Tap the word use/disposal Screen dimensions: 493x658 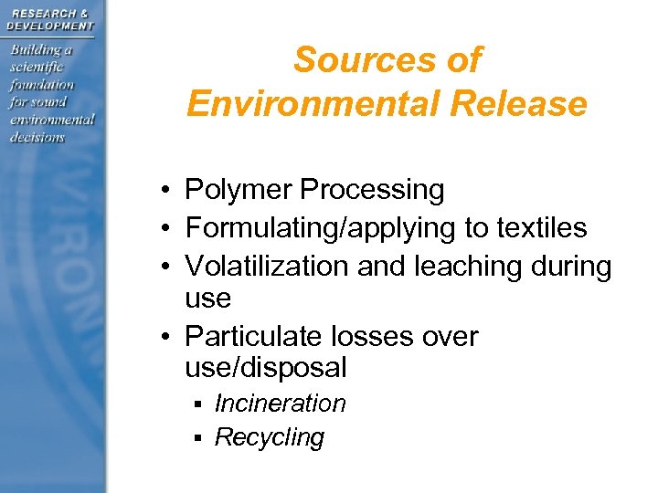pyautogui.click(x=265, y=367)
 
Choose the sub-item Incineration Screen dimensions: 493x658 pyautogui.click(x=280, y=404)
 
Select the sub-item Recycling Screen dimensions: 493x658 pyautogui.click(x=269, y=437)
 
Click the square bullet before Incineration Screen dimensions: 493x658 pyautogui.click(x=196, y=404)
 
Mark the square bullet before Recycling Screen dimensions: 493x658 pyautogui.click(x=196, y=438)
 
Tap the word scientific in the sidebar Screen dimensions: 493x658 pyautogui.click(x=37, y=68)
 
